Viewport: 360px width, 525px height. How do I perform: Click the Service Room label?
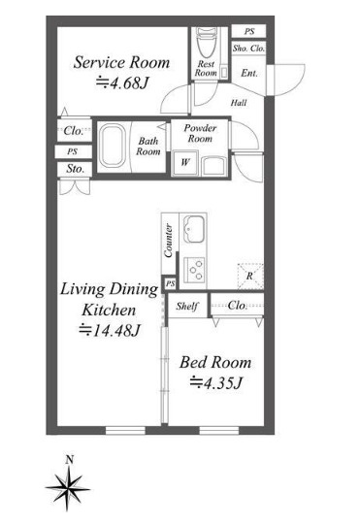click(x=122, y=62)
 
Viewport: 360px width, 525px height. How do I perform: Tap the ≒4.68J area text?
click(x=122, y=83)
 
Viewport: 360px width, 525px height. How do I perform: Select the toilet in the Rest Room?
click(x=205, y=44)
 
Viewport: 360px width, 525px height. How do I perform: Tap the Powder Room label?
click(x=200, y=133)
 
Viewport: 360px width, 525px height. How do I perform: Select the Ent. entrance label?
click(x=247, y=72)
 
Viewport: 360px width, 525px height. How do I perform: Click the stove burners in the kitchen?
click(x=194, y=267)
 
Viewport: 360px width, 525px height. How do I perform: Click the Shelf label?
click(x=187, y=306)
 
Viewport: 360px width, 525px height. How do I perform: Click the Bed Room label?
click(x=215, y=362)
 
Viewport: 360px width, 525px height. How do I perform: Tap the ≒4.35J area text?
click(x=215, y=382)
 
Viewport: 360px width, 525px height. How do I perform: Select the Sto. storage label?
click(x=75, y=169)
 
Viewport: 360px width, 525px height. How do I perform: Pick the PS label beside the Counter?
click(x=170, y=283)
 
